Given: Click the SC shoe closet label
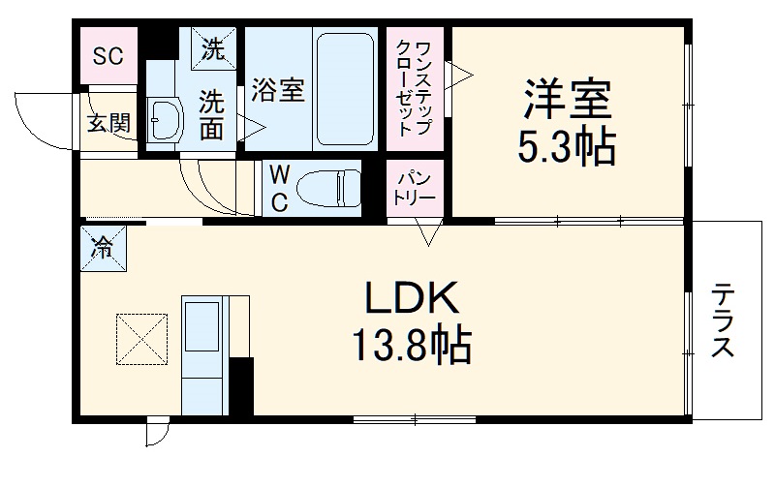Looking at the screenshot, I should tap(108, 54).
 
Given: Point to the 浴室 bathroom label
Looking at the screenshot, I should tap(278, 89).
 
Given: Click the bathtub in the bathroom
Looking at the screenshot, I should tap(347, 88).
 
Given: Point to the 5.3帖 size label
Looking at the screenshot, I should tap(566, 146).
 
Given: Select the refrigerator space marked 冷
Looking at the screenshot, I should tap(102, 248).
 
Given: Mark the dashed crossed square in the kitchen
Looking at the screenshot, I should tap(141, 338).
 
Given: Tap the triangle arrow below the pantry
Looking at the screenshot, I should tap(430, 232).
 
